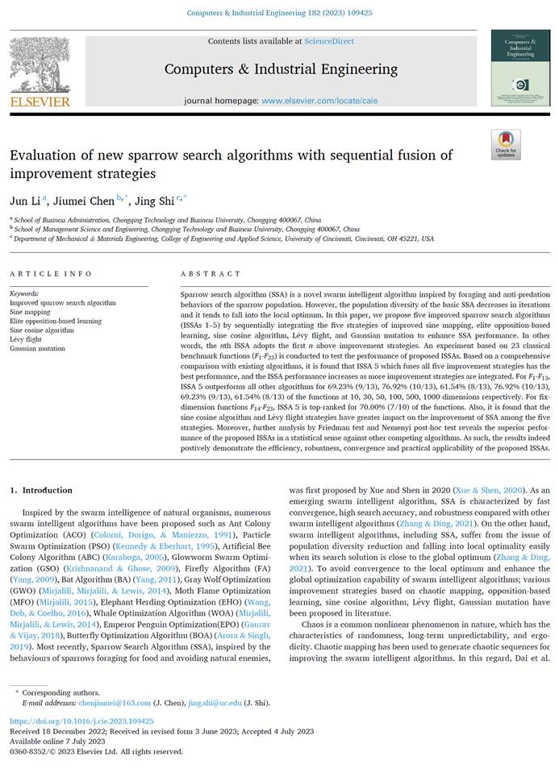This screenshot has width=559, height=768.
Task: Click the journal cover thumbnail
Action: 520,68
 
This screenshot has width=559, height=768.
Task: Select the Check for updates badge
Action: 506,144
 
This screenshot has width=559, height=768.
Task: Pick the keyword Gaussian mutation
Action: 37,348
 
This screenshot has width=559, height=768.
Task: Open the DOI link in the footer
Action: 81,721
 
